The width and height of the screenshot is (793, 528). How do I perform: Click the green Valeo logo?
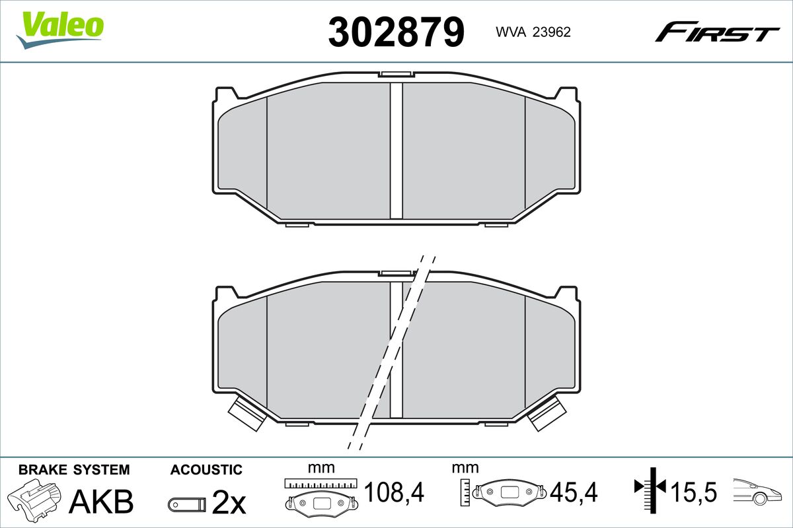click(x=60, y=30)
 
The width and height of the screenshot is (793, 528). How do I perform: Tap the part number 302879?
click(x=396, y=32)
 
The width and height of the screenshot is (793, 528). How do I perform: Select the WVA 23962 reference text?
click(x=533, y=32)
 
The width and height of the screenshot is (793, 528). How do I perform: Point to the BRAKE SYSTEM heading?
click(x=74, y=470)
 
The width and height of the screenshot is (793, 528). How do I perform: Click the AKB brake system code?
click(x=101, y=502)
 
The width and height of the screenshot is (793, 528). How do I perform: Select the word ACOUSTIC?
click(x=206, y=470)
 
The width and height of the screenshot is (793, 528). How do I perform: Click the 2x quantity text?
click(x=229, y=502)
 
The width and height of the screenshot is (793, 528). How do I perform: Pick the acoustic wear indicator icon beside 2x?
click(x=187, y=505)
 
